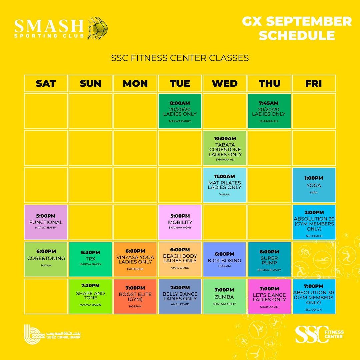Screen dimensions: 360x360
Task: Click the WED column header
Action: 225,83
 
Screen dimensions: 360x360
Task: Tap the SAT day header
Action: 46,83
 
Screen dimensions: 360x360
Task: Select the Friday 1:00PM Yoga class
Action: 314,185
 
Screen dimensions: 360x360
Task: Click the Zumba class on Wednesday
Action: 224,296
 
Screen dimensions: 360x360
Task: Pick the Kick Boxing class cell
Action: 224,259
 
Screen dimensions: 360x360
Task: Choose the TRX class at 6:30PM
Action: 90,259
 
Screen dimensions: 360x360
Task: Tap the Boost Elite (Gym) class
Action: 135,296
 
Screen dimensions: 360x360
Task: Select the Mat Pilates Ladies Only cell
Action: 224,185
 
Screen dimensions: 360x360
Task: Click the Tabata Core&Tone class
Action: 224,148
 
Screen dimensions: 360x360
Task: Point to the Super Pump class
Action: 269,259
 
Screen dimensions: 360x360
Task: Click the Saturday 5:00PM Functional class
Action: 46,222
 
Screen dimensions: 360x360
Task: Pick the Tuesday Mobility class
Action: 180,222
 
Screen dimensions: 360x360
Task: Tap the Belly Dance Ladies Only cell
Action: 180,296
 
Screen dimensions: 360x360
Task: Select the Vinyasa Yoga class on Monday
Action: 135,259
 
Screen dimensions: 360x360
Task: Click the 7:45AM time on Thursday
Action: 269,103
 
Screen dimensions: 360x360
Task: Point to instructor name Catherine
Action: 135,269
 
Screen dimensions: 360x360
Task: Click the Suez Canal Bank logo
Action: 52,334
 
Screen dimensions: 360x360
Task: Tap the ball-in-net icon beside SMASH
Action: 98,28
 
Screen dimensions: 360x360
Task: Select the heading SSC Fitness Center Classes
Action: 180,58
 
